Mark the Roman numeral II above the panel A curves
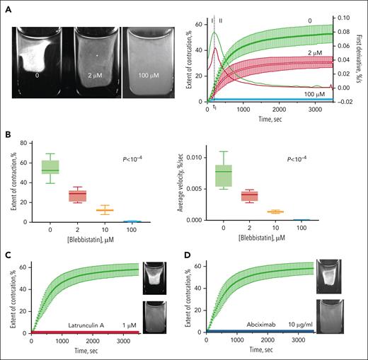[x=220, y=11]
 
